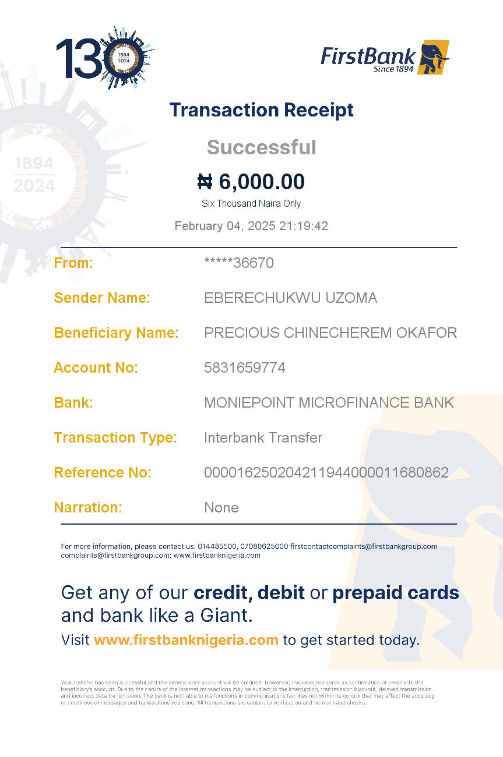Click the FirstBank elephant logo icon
(x=432, y=57)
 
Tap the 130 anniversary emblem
(x=105, y=58)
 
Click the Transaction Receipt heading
(x=261, y=110)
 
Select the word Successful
(x=261, y=147)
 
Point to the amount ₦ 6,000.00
(x=251, y=182)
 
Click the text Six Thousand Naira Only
(x=251, y=204)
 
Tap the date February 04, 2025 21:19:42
(x=251, y=226)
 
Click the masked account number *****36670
(x=238, y=263)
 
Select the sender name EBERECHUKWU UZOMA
(x=290, y=298)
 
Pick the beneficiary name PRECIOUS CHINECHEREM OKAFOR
(x=330, y=333)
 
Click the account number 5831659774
(x=244, y=368)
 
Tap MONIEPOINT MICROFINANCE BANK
(x=329, y=403)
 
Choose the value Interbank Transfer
(x=263, y=438)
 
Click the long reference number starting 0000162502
(x=326, y=473)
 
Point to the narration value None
(x=221, y=508)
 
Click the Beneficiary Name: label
(x=116, y=333)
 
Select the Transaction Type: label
(x=115, y=438)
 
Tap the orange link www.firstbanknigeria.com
(x=186, y=641)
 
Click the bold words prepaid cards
(x=395, y=593)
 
